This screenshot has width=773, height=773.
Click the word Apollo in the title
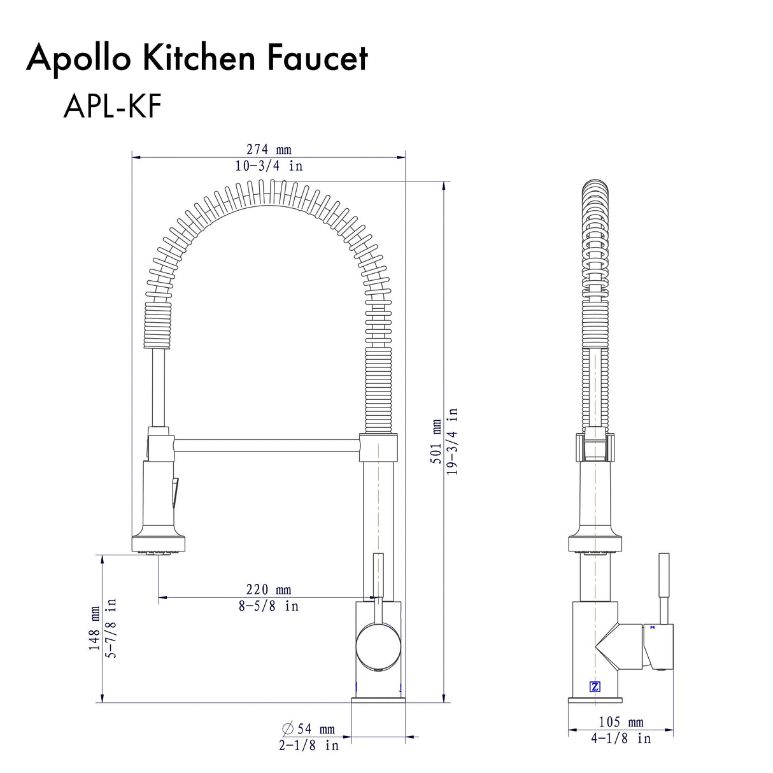(x=79, y=58)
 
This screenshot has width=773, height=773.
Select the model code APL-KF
(x=112, y=106)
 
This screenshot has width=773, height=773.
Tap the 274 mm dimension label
(x=269, y=150)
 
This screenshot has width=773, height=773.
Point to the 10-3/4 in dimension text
(x=269, y=166)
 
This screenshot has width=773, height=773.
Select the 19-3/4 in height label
(x=452, y=442)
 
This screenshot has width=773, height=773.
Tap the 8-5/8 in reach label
(x=269, y=606)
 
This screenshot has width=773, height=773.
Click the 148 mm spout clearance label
(x=95, y=628)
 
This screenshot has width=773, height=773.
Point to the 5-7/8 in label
(x=111, y=628)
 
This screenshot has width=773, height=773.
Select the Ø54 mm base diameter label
(x=309, y=728)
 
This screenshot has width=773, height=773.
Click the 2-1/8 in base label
(x=309, y=745)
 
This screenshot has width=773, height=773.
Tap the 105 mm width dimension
(x=621, y=722)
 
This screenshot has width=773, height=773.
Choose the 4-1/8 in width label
(x=621, y=739)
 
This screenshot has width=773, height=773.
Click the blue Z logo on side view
(x=595, y=686)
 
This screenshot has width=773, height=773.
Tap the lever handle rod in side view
(x=663, y=586)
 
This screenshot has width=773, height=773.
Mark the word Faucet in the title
(x=317, y=58)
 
